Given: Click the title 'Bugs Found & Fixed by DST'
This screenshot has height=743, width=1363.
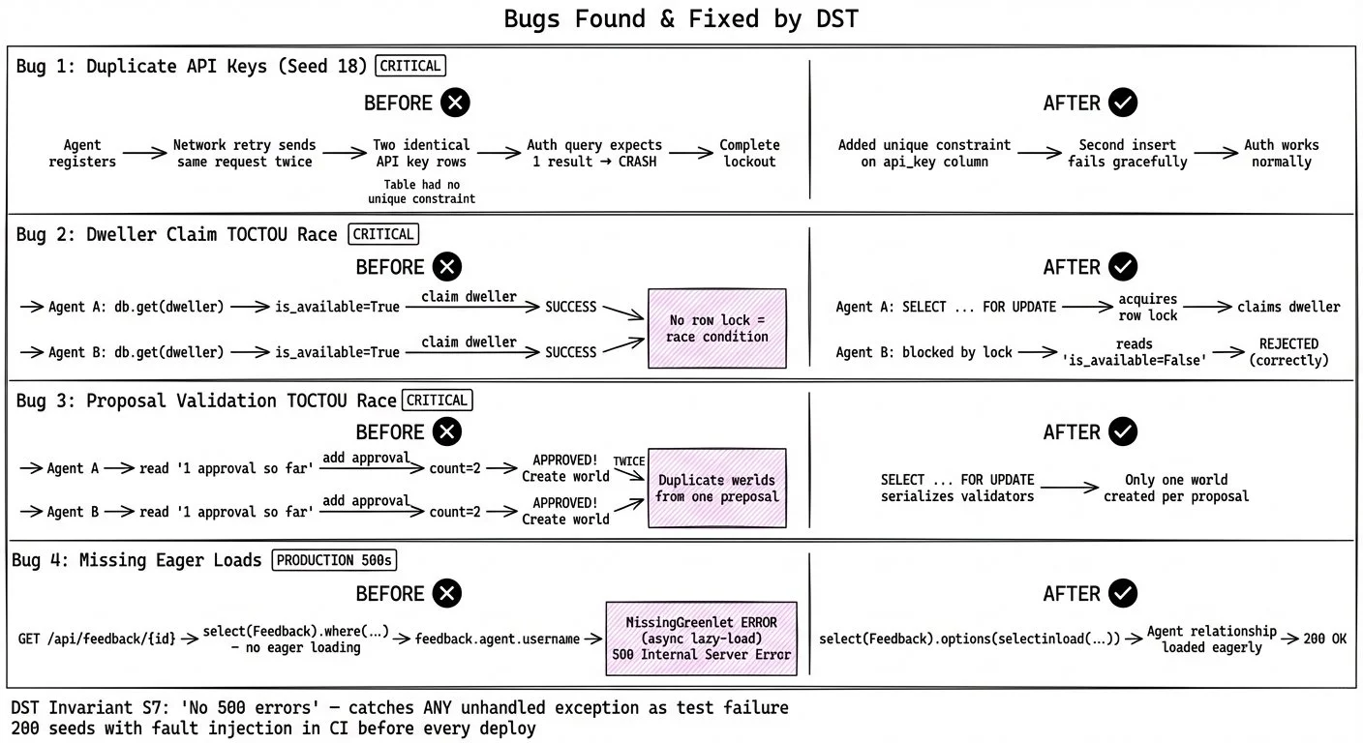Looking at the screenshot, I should [x=681, y=19].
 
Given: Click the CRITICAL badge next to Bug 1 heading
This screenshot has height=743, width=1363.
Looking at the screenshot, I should [x=411, y=66].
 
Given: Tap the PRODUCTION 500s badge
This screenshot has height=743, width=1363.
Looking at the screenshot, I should [x=335, y=560].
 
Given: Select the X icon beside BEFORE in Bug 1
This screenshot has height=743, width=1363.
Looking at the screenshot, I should [x=455, y=103].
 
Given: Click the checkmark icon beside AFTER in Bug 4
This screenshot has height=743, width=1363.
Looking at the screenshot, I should [x=1123, y=593].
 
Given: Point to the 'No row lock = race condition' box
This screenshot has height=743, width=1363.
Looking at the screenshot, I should [x=717, y=328].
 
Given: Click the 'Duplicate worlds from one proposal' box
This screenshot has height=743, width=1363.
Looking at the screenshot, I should [x=716, y=488].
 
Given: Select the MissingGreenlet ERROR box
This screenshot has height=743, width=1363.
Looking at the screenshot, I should [x=701, y=638].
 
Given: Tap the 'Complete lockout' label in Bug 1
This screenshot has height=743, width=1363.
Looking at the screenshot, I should [x=749, y=153].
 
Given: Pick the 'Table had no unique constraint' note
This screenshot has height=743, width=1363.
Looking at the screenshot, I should [x=421, y=191].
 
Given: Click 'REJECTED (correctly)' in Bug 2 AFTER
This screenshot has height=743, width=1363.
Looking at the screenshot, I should [x=1288, y=351].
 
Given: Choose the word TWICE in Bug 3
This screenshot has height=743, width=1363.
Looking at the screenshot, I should [x=628, y=461].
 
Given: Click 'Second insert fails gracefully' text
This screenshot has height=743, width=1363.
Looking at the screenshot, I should [x=1127, y=153].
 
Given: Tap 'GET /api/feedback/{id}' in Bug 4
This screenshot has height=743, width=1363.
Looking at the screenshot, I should [x=97, y=639].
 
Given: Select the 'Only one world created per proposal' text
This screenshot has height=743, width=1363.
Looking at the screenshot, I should [x=1175, y=488].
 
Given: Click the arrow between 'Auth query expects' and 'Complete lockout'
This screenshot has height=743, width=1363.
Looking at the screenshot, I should [x=689, y=153].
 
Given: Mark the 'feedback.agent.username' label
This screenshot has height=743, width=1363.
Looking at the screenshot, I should [x=497, y=639].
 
